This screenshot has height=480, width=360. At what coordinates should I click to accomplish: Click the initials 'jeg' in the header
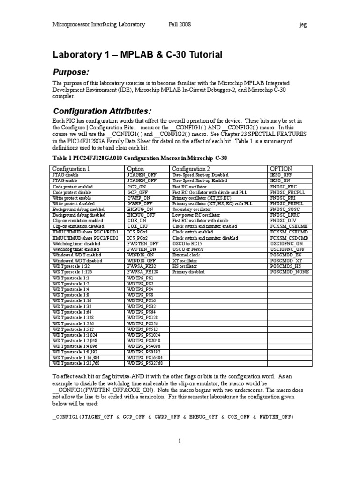point(303,24)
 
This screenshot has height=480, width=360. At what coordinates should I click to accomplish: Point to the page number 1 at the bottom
point(179,441)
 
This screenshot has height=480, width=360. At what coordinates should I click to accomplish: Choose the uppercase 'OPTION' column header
point(281,169)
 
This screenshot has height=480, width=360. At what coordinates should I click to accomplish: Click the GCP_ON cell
point(137,187)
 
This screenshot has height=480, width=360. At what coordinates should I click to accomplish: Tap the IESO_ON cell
point(280,180)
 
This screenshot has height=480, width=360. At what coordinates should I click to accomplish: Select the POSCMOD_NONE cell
point(289,271)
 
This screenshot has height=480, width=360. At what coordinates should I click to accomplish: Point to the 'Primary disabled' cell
point(188,271)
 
